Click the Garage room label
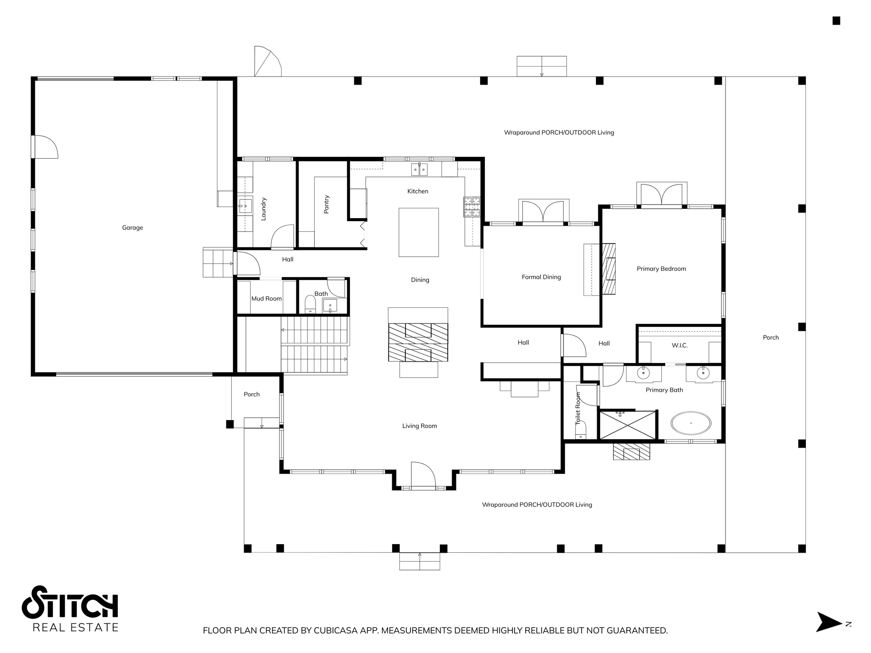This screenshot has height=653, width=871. tap(132, 228)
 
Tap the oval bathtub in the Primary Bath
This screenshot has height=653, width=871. tap(691, 423)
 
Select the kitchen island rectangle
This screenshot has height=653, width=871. tap(418, 232)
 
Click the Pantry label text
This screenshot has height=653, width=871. tap(327, 204)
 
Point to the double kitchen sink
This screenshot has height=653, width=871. tap(419, 170)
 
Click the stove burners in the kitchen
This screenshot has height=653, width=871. tap(472, 207)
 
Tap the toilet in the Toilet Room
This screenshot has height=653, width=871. tap(581, 430)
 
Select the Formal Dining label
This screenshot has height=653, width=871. tap(541, 277)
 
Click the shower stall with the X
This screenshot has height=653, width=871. tap(627, 425)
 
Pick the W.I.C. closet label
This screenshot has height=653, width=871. tap(679, 346)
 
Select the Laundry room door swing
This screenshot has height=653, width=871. tap(282, 237)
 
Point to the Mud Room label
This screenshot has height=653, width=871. tap(266, 299)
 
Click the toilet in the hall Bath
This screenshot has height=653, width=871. tap(310, 304)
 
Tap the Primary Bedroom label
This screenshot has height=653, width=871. tap(661, 269)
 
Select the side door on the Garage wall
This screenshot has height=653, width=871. tap(45, 147)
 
